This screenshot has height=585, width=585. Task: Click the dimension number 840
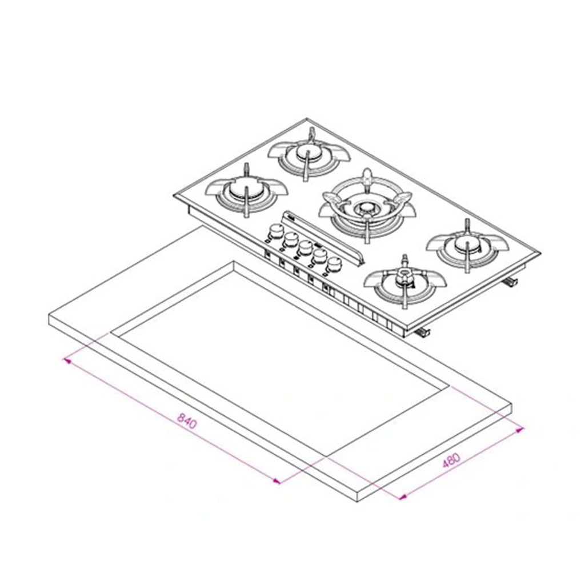[186, 420]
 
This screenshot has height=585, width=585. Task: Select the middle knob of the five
[305, 247]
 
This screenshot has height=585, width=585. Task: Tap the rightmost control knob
[334, 264]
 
